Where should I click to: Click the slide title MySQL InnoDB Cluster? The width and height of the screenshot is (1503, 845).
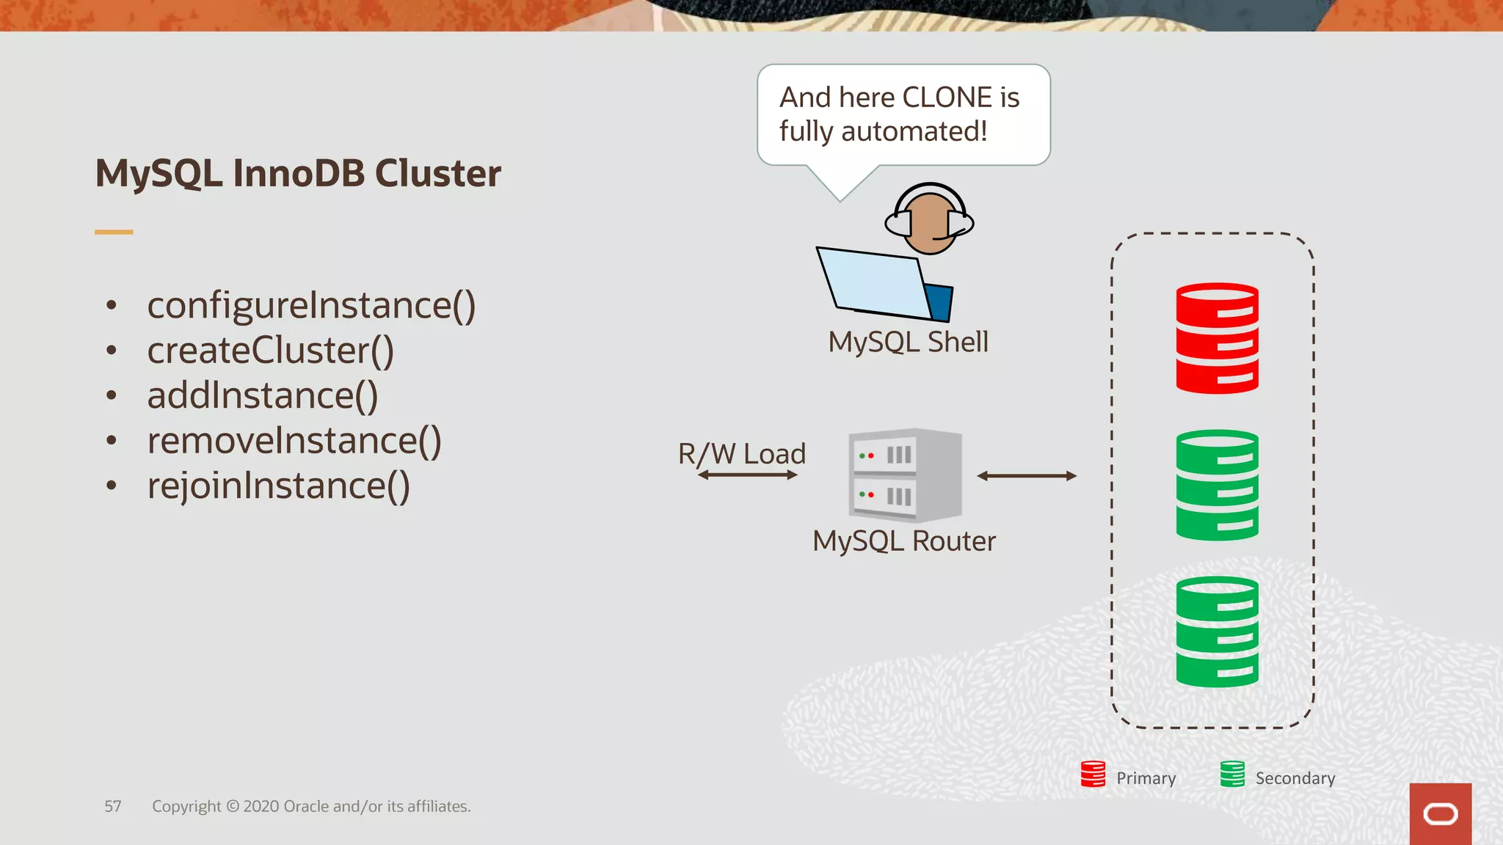tap(298, 174)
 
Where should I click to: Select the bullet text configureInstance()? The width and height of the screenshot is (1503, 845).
tap(311, 305)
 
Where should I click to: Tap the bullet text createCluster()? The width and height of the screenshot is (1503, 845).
tap(270, 351)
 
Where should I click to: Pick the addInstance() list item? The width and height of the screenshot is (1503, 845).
tap(262, 396)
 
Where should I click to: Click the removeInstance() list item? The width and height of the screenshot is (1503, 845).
tap(294, 441)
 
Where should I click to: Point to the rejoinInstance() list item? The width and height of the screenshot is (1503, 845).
tap(278, 486)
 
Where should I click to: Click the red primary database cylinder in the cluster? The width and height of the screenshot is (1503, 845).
tap(1217, 338)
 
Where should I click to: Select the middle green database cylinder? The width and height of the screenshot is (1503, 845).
tap(1217, 485)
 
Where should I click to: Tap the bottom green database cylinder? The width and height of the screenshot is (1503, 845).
tap(1217, 632)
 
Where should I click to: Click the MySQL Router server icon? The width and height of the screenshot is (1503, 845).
tap(904, 475)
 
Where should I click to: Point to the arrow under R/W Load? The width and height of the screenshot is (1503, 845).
tap(747, 475)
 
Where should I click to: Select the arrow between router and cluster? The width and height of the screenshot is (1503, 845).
tap(1027, 476)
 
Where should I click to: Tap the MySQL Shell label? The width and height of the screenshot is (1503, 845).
tap(908, 342)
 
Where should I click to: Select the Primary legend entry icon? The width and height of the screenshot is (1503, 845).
tap(1093, 774)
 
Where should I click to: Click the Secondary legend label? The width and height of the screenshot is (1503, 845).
tap(1295, 778)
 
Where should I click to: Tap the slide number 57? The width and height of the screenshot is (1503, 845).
tap(112, 806)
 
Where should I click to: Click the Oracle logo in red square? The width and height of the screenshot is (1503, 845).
tap(1440, 814)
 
